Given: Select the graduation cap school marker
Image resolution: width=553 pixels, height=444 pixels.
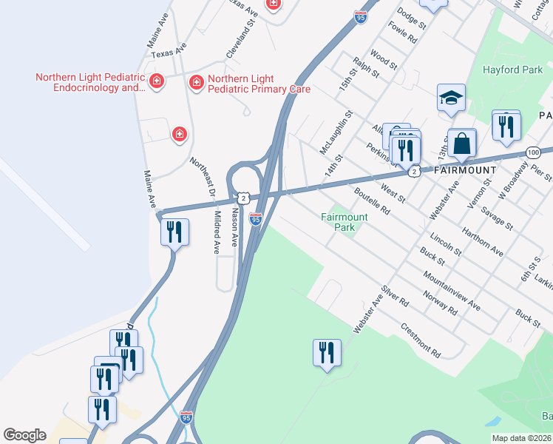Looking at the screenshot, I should (x=451, y=98).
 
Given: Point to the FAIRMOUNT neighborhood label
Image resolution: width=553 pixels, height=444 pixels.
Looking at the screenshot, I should (x=465, y=170).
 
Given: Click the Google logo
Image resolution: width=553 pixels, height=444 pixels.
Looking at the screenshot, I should (x=24, y=435).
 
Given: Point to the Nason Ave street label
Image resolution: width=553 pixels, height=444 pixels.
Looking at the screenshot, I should (x=236, y=226).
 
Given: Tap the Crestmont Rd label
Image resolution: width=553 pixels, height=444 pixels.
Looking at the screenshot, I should (x=420, y=340).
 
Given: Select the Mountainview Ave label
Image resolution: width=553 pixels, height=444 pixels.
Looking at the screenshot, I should (x=452, y=290).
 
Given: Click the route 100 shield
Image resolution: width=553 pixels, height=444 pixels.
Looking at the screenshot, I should (x=533, y=152).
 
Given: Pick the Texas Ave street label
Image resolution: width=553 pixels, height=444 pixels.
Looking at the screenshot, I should (x=169, y=50).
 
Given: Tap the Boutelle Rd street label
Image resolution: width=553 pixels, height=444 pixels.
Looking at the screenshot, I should (x=371, y=200).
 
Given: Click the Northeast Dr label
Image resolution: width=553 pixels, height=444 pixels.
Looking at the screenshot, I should (x=202, y=178).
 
